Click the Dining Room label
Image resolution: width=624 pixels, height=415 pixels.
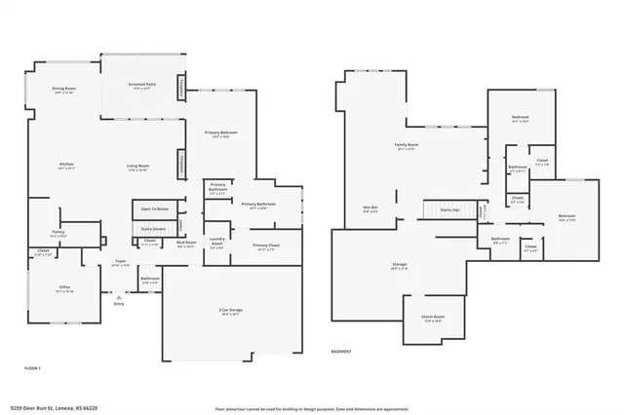pos(64,89)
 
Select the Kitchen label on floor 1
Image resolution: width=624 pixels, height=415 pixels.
pos(66,165)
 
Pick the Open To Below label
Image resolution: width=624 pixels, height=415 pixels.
pos(154,208)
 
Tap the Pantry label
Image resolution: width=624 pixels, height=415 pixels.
pos(58,232)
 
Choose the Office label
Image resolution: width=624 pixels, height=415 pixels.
pos(64,288)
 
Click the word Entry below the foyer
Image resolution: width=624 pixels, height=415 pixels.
pos(119,303)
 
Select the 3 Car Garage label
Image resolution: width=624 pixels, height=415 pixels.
pos(230,311)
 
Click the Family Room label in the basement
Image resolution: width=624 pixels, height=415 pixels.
pos(406,145)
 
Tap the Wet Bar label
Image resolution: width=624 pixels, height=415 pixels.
pos(370,207)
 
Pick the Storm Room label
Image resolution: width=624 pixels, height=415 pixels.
pos(434,317)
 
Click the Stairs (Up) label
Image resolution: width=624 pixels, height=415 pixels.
pos(449,208)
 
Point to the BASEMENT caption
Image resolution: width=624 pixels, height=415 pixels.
pos(341,351)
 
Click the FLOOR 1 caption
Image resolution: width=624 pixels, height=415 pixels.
pos(32,367)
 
